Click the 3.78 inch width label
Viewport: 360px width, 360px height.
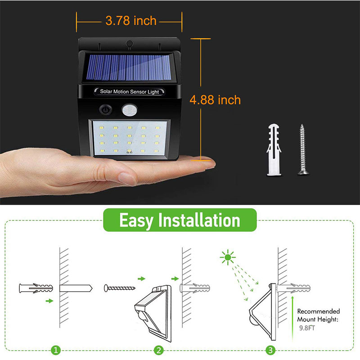[130, 20]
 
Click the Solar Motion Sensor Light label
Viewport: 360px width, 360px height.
[130, 92]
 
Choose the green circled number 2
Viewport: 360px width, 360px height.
[158, 349]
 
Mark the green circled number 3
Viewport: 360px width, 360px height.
[270, 349]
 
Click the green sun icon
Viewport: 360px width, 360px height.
[227, 257]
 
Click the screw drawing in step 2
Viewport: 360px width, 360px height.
[120, 287]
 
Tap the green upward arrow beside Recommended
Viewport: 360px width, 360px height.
[293, 315]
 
